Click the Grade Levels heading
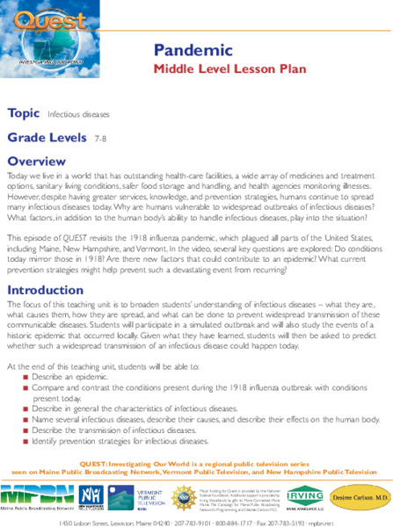pyautogui.click(x=47, y=138)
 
